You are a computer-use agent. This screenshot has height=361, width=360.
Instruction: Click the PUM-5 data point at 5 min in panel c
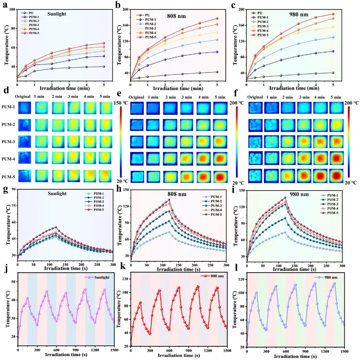[333, 14]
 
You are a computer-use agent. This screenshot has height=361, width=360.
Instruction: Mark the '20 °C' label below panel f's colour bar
[347, 183]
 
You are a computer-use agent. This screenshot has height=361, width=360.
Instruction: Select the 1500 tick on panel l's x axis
[342, 351]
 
